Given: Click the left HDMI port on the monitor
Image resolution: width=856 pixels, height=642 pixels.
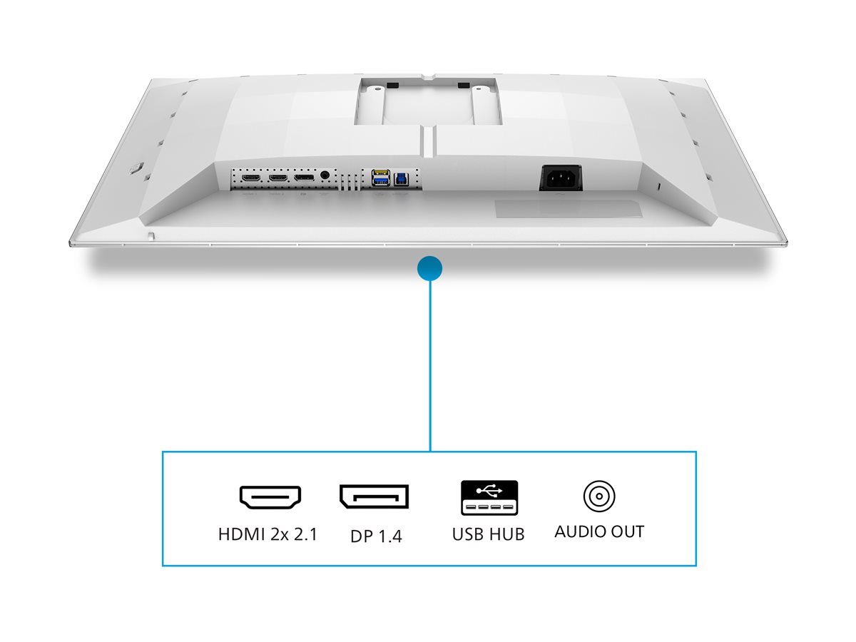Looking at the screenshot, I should point(250,176).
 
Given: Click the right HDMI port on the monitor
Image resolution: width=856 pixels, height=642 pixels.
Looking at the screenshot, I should point(277,176).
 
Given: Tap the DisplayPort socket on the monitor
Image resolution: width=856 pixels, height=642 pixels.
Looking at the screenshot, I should point(305,176).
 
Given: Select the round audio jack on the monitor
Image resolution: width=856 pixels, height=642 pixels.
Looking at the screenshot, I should point(327,174).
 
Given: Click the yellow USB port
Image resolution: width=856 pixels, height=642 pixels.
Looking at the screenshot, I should point(380,173).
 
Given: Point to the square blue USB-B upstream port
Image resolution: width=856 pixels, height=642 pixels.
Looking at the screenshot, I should point(399,175).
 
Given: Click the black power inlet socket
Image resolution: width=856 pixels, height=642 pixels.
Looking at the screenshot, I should point(560,177).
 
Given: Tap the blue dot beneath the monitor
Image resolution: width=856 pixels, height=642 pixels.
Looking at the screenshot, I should point(429,269).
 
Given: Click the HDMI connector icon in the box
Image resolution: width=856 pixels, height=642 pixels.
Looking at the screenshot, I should point(270,497).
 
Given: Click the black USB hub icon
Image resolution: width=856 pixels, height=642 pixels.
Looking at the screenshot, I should point(489,498).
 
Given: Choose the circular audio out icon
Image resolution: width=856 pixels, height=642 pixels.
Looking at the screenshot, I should point(599,496).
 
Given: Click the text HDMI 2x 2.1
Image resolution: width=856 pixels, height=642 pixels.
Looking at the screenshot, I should point(267,534).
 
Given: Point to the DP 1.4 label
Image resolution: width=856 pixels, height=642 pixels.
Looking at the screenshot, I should point(376,536).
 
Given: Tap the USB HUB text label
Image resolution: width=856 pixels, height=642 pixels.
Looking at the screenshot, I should point(488,534).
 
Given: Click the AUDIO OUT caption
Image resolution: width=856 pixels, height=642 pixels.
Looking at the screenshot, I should point(599,532).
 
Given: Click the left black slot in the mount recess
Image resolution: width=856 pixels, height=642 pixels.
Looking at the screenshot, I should point(392,86).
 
